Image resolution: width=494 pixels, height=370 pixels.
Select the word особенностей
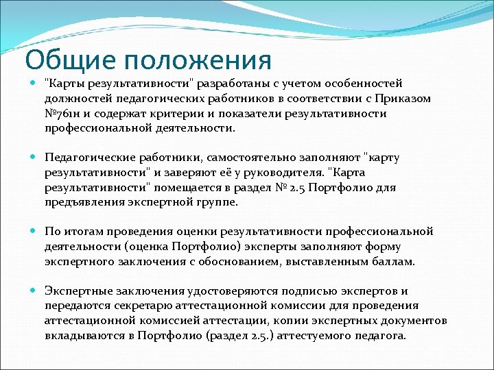(x=361, y=84)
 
